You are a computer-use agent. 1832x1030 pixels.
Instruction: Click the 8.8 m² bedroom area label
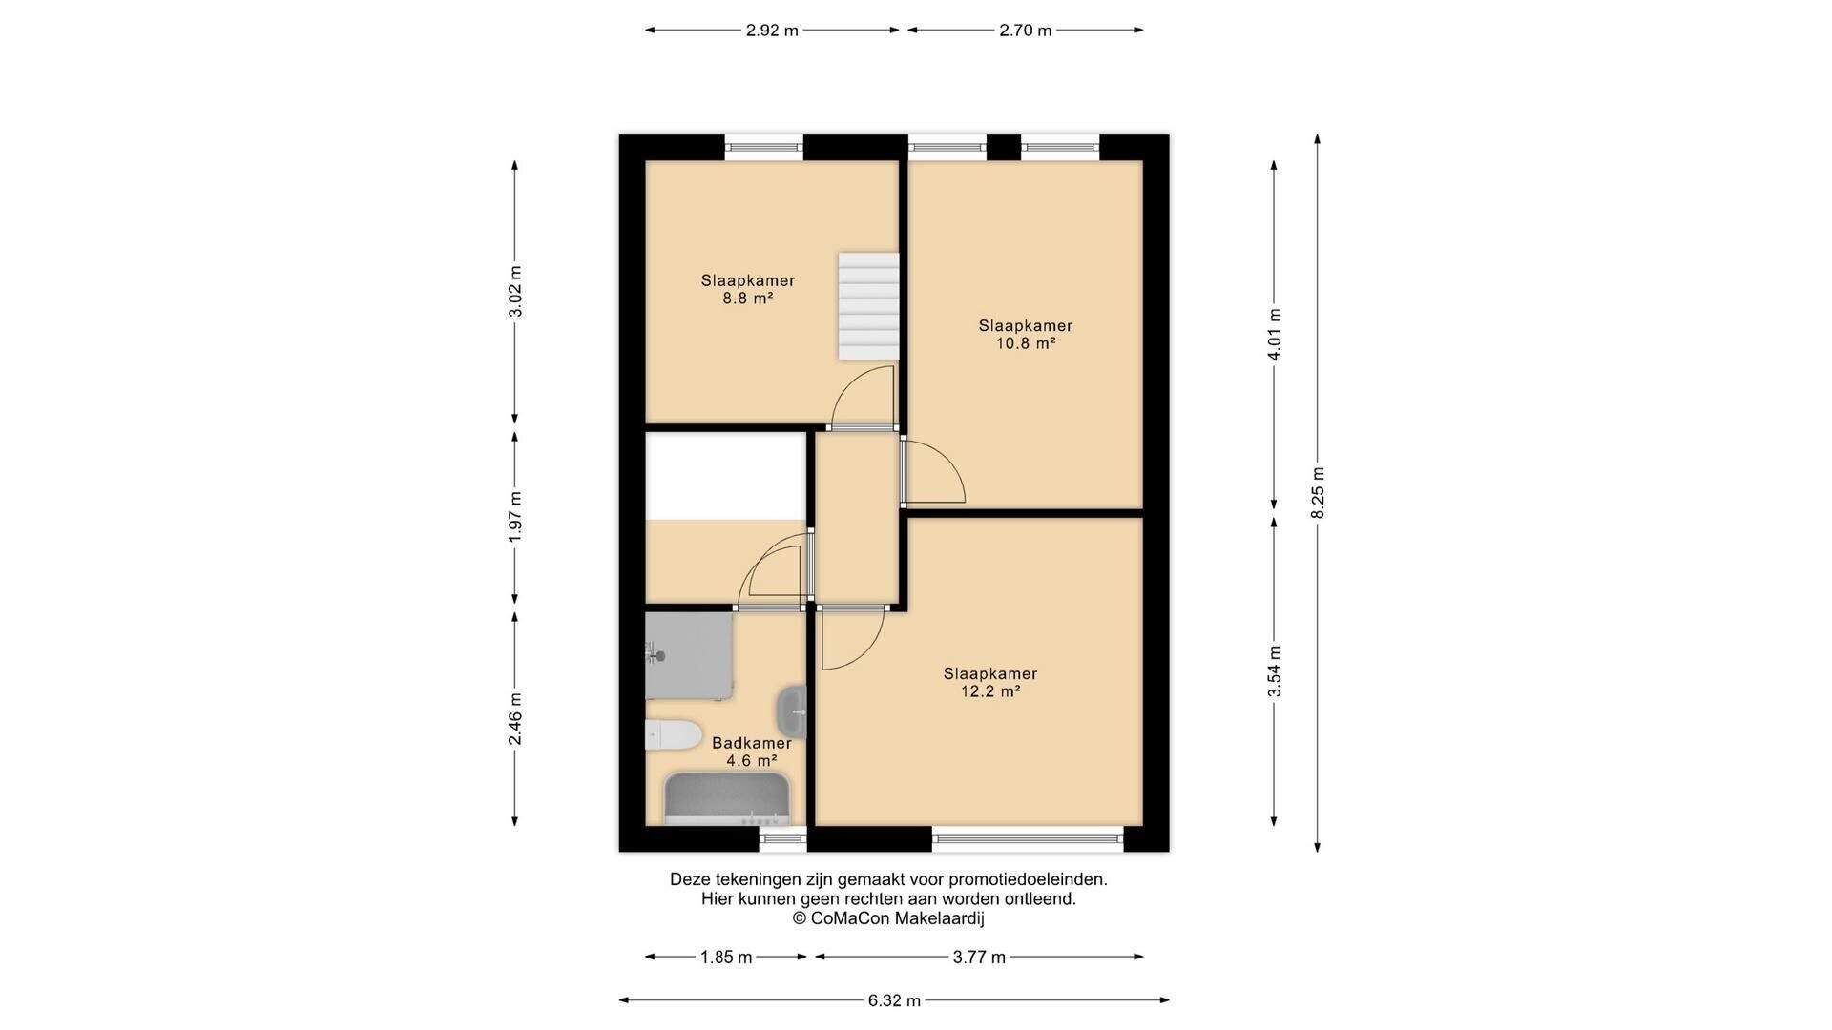coord(748,289)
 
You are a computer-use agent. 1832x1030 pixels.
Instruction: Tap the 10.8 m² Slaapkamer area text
coord(1026,335)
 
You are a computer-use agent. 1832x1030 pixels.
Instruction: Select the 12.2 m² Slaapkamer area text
coord(990,683)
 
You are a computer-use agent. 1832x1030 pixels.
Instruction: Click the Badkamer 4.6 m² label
coord(752,752)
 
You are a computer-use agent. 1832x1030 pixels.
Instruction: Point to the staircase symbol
coord(868,306)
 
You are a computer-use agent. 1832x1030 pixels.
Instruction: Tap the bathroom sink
coord(791,711)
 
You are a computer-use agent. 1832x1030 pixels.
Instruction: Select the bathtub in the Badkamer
coord(728,799)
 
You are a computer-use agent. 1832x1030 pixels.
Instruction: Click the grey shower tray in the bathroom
coord(689,656)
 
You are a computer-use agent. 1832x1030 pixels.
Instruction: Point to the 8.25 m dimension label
coord(1318,493)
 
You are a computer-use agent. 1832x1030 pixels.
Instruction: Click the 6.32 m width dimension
coord(894,1000)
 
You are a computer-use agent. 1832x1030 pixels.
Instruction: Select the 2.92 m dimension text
coord(772,31)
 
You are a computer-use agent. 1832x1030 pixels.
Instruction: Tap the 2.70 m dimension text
coord(1026,31)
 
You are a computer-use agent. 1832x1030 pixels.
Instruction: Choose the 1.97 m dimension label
coord(515,517)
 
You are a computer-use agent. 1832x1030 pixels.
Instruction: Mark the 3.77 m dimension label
coord(979,958)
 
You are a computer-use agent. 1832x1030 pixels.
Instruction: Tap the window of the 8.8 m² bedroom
coord(763,147)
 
